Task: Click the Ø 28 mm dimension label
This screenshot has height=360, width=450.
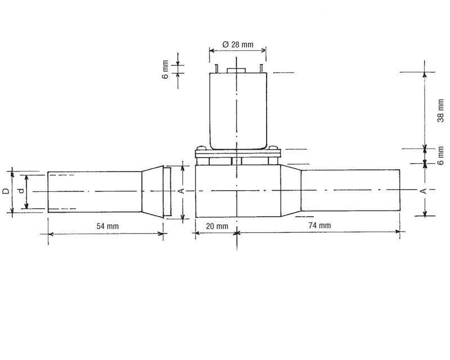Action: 238,44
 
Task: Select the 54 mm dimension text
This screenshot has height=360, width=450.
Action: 107,226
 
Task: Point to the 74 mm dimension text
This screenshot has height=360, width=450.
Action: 319,226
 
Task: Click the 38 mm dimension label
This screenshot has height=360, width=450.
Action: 440,110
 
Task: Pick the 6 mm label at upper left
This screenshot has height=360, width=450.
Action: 165,70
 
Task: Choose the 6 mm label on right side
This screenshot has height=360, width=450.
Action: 440,156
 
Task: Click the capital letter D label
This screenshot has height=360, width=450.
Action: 6,191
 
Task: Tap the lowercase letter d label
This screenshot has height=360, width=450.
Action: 21,191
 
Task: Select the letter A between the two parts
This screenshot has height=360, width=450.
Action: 181,191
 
